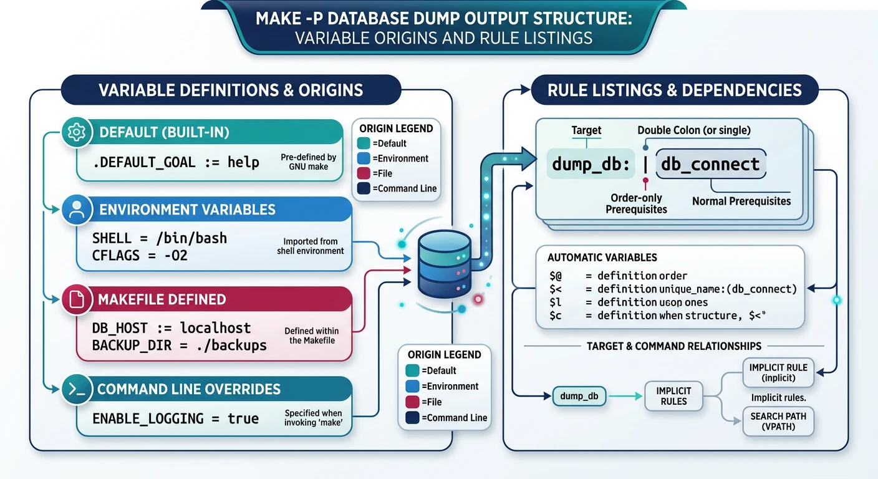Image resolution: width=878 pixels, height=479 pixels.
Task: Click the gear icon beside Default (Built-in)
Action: tap(76, 133)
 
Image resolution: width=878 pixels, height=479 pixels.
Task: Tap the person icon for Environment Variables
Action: tap(77, 210)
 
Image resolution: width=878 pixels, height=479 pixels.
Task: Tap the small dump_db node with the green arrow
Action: tap(579, 397)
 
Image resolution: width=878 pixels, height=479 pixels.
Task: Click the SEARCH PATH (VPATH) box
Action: tap(778, 422)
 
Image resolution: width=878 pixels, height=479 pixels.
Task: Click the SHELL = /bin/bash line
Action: tap(160, 238)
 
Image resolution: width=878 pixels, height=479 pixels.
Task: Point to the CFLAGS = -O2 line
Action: tap(140, 255)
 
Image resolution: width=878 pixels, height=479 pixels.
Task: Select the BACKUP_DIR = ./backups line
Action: tap(179, 345)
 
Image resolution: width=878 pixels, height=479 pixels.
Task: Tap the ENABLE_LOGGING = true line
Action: tap(175, 419)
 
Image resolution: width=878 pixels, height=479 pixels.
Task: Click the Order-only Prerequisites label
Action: tap(636, 203)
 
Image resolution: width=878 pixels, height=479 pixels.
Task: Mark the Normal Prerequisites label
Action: tap(741, 201)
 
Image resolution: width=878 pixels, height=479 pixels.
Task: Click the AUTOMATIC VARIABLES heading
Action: tap(602, 258)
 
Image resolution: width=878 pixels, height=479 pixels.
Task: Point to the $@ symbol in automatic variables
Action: tap(556, 276)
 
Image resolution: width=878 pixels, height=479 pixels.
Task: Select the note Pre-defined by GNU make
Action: tap(309, 162)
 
